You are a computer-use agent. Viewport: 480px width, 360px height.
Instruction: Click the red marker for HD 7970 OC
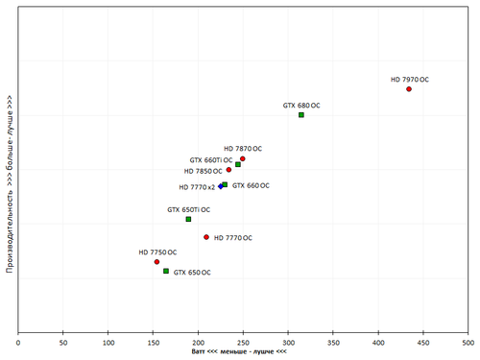click(409, 89)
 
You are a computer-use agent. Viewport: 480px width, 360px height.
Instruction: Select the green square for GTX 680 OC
click(301, 115)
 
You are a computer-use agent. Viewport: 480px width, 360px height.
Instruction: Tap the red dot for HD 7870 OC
click(243, 158)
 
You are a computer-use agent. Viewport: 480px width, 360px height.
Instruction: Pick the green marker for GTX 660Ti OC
click(238, 165)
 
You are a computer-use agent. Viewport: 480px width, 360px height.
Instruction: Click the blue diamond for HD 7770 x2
click(220, 186)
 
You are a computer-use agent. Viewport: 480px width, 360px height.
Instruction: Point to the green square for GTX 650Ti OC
click(188, 219)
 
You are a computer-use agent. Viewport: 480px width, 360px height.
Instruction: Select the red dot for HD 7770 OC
click(206, 237)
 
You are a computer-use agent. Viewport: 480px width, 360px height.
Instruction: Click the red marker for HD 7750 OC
click(156, 262)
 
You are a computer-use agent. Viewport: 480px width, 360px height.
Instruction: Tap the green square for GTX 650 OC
click(166, 272)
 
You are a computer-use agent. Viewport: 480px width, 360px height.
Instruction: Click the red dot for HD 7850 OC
click(228, 171)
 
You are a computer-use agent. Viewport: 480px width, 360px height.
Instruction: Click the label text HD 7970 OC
click(409, 80)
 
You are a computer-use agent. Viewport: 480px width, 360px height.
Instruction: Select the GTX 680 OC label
click(301, 105)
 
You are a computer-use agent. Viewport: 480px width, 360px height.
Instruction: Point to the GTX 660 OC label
click(251, 186)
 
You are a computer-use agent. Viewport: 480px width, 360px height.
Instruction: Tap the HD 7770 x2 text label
click(197, 188)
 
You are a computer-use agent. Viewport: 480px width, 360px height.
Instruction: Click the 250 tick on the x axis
click(243, 341)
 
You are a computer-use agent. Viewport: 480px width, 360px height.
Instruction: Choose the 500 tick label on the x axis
click(468, 341)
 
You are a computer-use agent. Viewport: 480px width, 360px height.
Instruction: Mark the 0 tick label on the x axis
click(18, 341)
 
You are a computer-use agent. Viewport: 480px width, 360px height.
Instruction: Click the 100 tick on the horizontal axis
click(108, 341)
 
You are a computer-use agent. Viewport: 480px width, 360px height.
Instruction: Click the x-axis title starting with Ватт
click(240, 352)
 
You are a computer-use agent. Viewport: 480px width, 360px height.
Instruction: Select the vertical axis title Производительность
click(9, 182)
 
